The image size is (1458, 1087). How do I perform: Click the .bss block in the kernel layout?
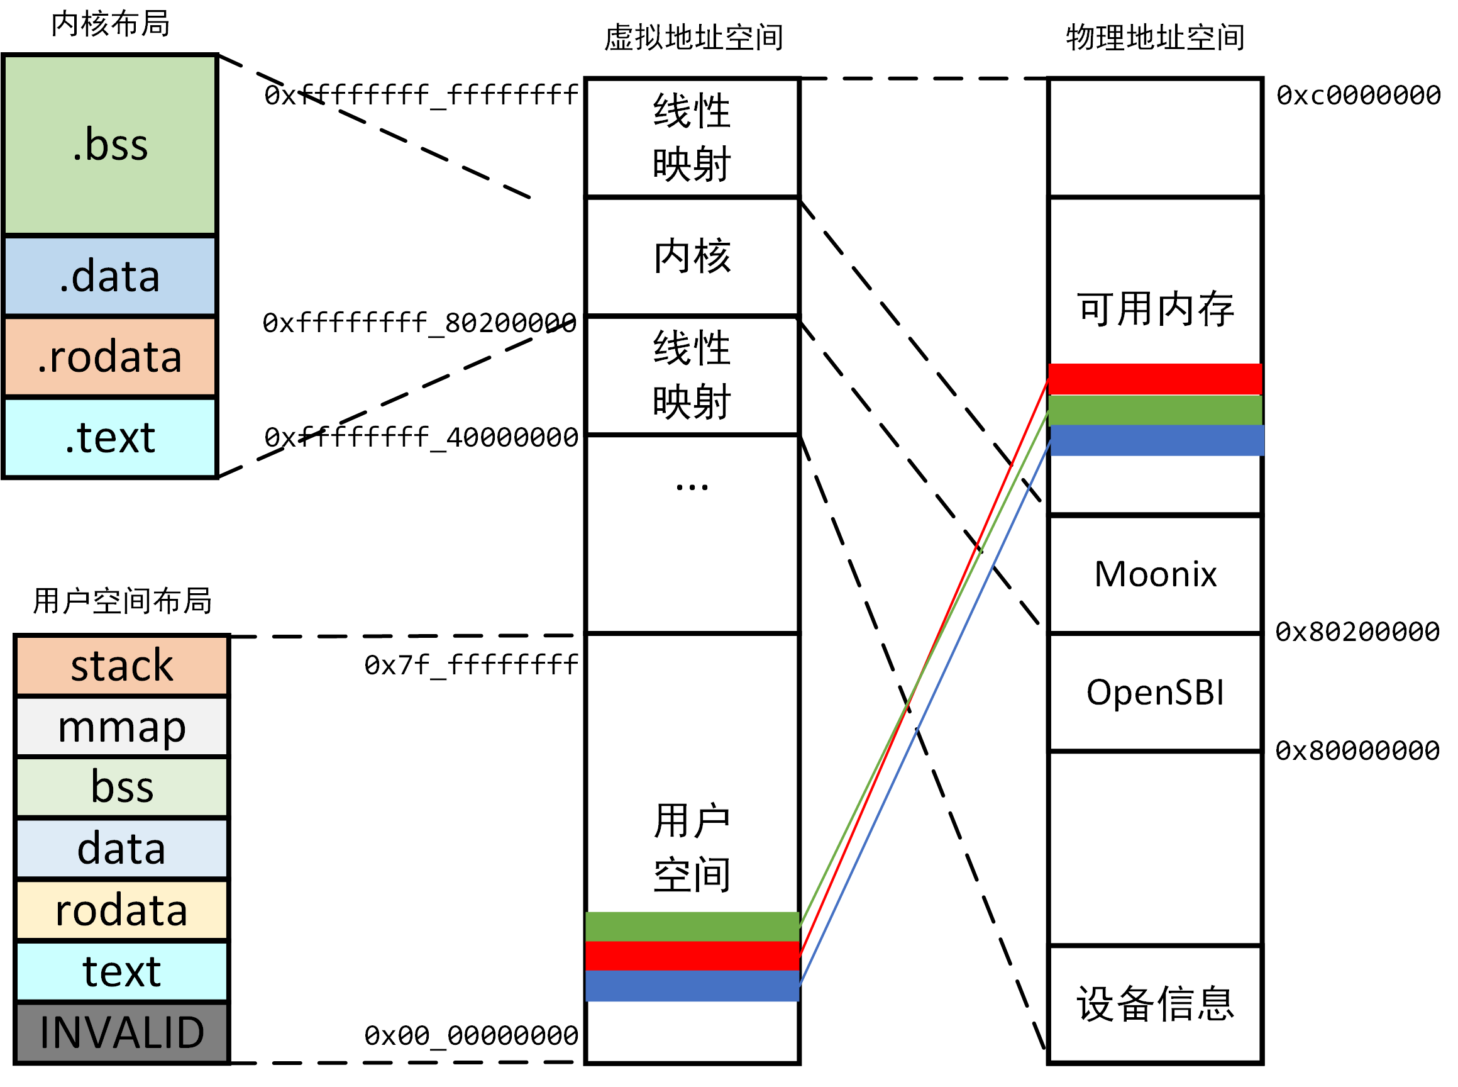click(x=110, y=145)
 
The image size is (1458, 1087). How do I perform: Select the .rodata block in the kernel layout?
click(x=110, y=357)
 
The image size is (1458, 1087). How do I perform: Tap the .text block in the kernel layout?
click(x=110, y=438)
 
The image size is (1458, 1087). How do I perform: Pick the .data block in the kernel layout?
click(x=110, y=276)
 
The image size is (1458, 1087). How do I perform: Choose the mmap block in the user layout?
click(x=122, y=727)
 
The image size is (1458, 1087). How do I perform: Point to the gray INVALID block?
click(x=122, y=1032)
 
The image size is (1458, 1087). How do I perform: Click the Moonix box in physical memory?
click(x=1155, y=574)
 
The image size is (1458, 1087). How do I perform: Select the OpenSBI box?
click(x=1155, y=692)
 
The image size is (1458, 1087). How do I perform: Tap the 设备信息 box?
click(x=1155, y=1004)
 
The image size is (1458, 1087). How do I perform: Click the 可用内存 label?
click(x=1155, y=309)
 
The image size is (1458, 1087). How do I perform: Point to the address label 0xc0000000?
click(x=1358, y=96)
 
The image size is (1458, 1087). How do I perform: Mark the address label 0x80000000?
click(x=1357, y=750)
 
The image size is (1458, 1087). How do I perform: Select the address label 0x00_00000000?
click(x=471, y=1035)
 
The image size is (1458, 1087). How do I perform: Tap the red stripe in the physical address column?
click(x=1155, y=379)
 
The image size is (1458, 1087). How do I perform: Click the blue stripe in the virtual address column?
click(x=692, y=986)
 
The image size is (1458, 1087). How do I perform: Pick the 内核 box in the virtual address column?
click(x=692, y=256)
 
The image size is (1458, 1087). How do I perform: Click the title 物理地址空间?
click(x=1155, y=38)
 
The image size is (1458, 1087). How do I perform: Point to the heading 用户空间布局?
click(x=123, y=601)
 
